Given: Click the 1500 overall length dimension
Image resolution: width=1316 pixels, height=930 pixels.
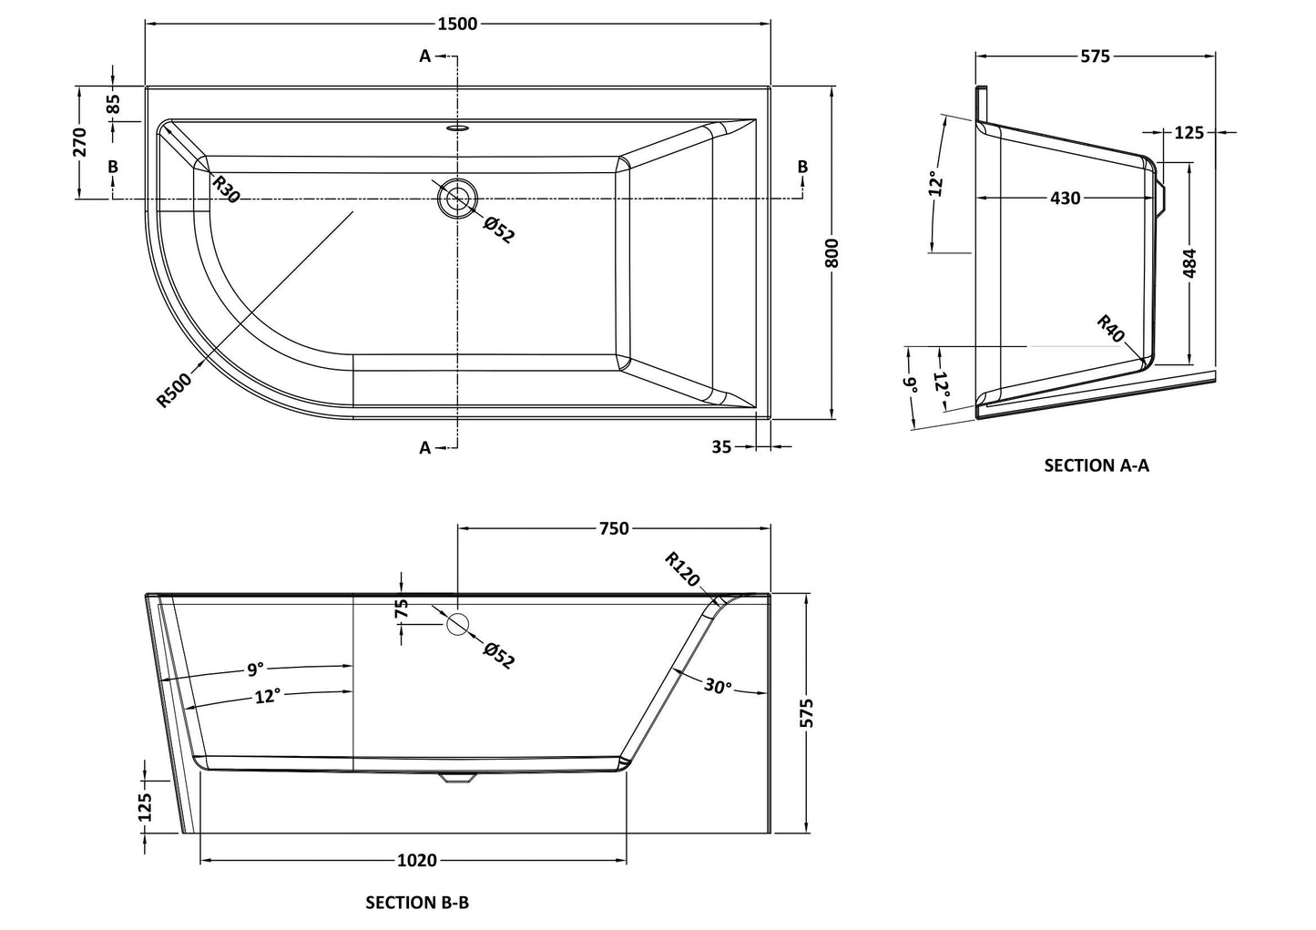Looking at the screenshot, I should point(457,24).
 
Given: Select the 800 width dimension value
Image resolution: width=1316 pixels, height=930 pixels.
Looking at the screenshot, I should point(831,252).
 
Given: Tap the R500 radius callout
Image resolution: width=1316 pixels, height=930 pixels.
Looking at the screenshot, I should point(174,390).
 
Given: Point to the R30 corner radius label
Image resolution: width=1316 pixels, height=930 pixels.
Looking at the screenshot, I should point(226,189).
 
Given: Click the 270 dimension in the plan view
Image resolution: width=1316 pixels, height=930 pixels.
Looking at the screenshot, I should point(79,143).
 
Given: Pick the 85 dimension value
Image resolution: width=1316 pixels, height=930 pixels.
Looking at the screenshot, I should point(113,104).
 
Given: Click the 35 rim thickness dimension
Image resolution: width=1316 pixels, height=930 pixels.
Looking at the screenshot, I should point(722,446).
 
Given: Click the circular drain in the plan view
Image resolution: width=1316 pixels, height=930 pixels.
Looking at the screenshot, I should point(457,198).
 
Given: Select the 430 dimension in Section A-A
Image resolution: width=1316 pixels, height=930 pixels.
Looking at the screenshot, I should point(1065,198).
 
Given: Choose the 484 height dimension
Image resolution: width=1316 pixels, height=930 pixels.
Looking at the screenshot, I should point(1189,262).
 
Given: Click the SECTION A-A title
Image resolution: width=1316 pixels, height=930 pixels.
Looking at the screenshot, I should point(1097,465).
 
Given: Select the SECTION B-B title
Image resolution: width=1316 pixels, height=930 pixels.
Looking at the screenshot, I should point(417,903).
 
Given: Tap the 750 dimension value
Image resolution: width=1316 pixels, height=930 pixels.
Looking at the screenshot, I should point(614,528).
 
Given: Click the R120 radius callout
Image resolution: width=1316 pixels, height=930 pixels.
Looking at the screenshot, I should point(681,569).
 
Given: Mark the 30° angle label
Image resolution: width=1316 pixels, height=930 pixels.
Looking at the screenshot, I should point(718,686).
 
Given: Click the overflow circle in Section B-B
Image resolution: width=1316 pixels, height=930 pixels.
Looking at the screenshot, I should point(457,624).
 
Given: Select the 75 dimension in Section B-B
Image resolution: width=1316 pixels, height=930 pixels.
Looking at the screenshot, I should point(402,608).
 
